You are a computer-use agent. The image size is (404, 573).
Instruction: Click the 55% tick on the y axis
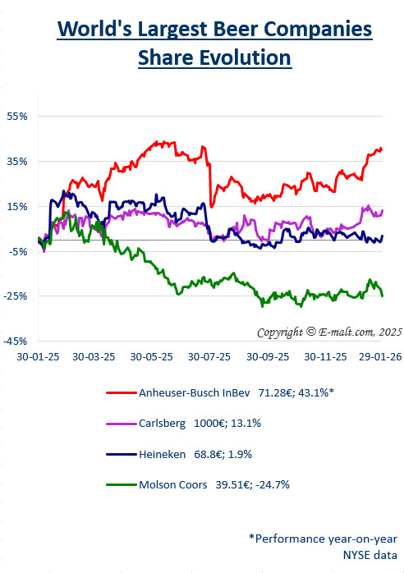(x=17, y=117)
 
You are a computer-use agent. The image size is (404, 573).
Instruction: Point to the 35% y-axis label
(x=17, y=161)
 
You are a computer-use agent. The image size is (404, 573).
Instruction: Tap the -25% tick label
(x=16, y=296)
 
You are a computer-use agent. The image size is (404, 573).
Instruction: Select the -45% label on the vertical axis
(x=16, y=341)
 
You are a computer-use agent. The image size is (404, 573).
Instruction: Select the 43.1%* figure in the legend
(x=314, y=393)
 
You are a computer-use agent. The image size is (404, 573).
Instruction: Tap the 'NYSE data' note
(x=374, y=554)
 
